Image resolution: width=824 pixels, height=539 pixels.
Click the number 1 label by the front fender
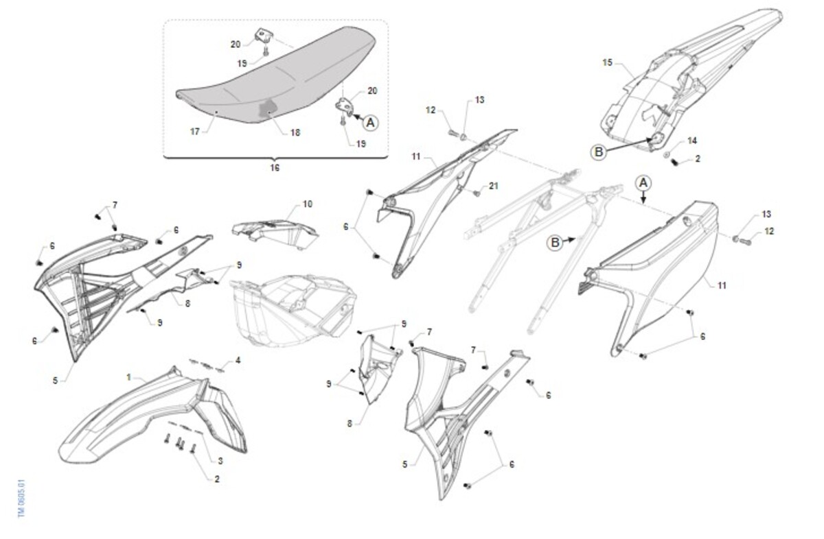click(x=129, y=377)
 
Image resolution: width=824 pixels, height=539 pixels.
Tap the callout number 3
click(x=220, y=461)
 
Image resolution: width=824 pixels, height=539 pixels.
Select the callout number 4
click(x=238, y=361)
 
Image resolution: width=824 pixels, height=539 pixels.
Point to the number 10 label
click(x=308, y=204)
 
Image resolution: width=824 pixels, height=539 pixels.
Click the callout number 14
click(x=692, y=141)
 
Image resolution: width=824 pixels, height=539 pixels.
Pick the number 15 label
click(x=607, y=62)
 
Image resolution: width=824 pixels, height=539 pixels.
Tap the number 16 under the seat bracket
click(x=275, y=167)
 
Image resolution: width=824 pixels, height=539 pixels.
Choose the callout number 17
click(x=195, y=131)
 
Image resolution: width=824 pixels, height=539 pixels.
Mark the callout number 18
click(x=295, y=132)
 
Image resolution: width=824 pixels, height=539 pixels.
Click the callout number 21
click(x=493, y=186)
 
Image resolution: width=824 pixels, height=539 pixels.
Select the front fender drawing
click(x=152, y=415)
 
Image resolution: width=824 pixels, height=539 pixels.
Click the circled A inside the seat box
click(x=370, y=123)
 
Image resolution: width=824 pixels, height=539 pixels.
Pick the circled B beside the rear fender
click(x=599, y=152)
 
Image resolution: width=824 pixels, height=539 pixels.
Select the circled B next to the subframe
click(x=555, y=243)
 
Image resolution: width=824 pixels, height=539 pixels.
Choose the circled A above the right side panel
click(x=643, y=183)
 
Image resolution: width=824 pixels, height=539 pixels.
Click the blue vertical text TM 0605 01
click(x=22, y=499)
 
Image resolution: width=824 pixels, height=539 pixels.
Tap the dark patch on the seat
click(x=267, y=109)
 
